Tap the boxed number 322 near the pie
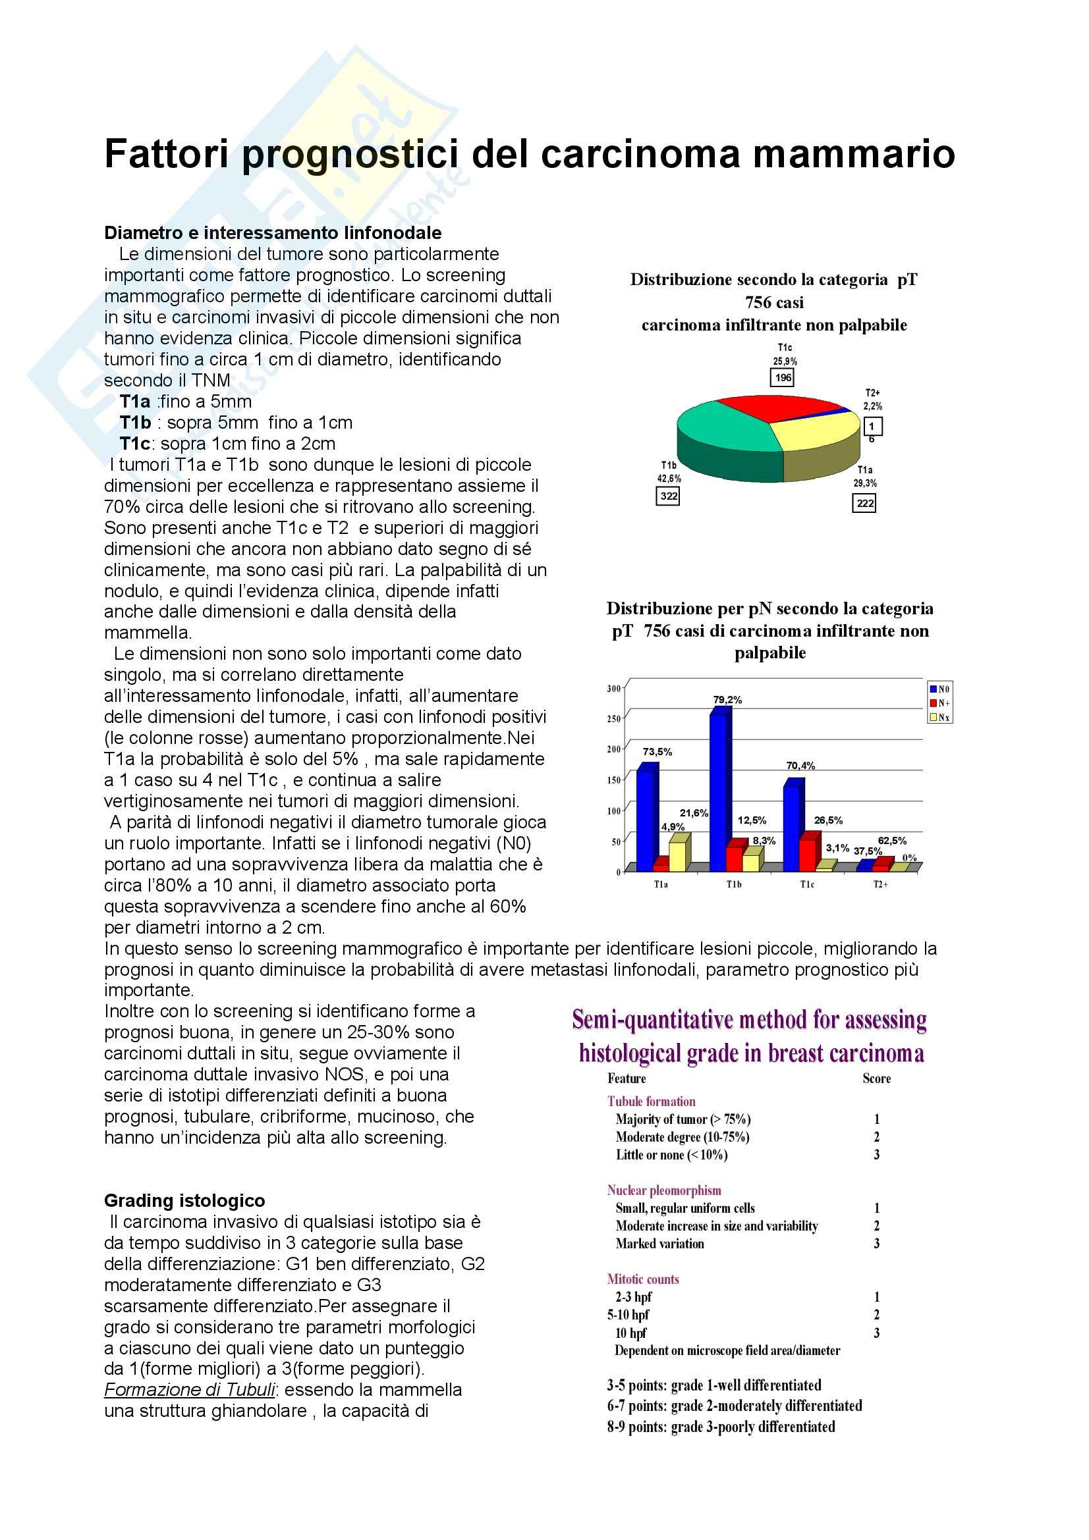click(x=667, y=496)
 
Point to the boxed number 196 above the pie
click(x=783, y=378)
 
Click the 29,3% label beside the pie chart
click(x=865, y=483)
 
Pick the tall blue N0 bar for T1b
click(x=719, y=791)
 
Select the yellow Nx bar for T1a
click(x=678, y=855)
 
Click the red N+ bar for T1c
click(x=808, y=853)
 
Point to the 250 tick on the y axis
click(x=613, y=719)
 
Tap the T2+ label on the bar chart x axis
click(x=880, y=885)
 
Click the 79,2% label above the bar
click(x=727, y=700)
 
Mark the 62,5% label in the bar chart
click(x=892, y=840)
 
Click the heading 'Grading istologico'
click(x=184, y=1201)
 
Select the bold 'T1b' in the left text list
click(x=136, y=423)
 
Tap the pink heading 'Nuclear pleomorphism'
click(x=663, y=1190)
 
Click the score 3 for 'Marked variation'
click(x=876, y=1244)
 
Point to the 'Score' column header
click(x=876, y=1078)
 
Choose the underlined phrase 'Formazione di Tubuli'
click(x=190, y=1390)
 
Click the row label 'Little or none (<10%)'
click(x=672, y=1155)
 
